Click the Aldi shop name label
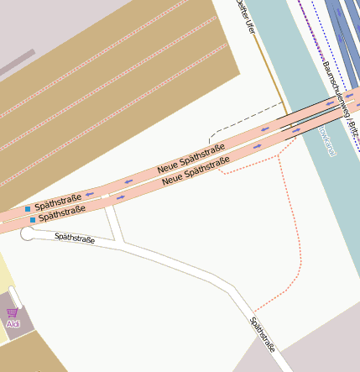13,324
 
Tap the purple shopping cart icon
12,313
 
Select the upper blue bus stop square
28,208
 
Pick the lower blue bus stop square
33,220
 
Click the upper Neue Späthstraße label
190,159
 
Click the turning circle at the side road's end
28,233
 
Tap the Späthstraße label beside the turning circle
75,238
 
